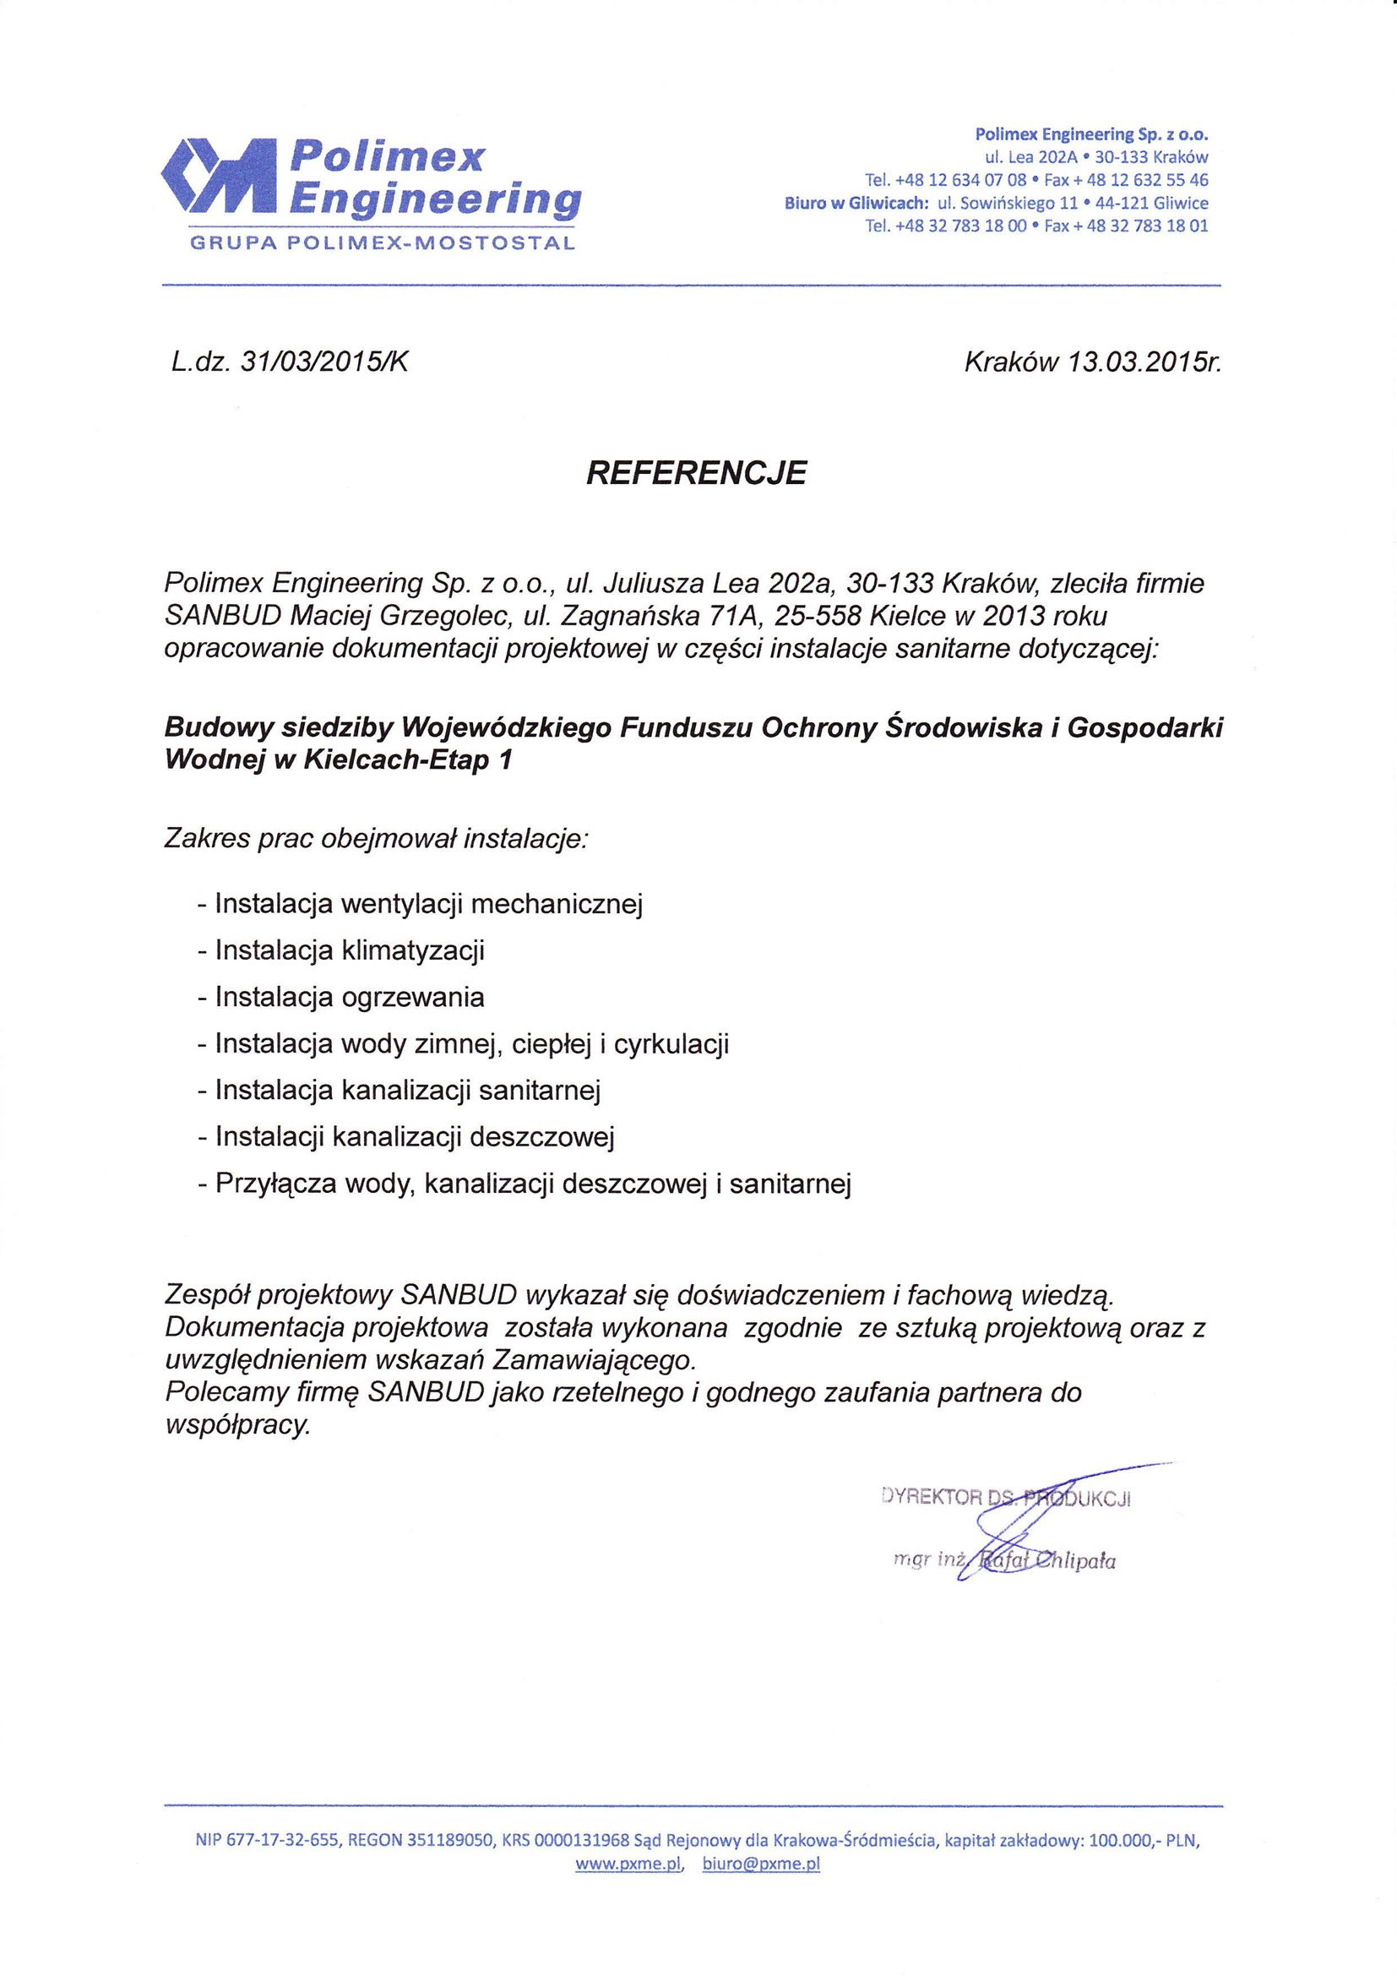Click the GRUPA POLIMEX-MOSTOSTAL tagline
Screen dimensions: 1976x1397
tap(382, 243)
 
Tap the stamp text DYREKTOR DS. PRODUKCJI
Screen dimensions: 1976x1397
tap(1006, 1499)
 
